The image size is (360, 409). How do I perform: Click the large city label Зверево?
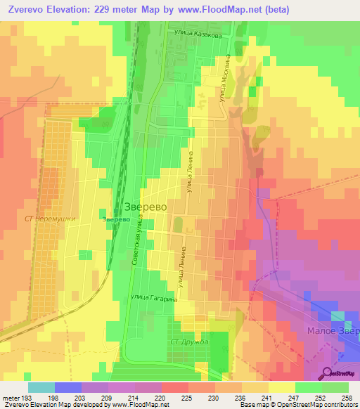click(145, 207)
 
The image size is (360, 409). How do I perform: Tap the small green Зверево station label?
click(115, 220)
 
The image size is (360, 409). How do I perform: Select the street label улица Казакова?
click(200, 32)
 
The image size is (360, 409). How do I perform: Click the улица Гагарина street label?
click(154, 299)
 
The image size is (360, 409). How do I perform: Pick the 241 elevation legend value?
click(266, 396)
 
